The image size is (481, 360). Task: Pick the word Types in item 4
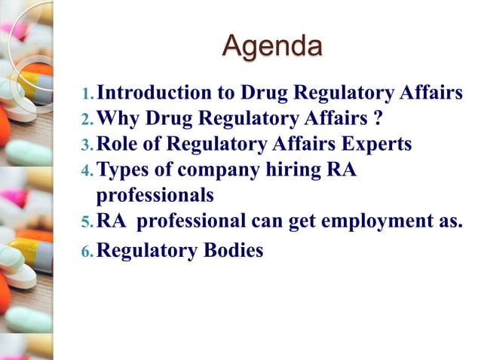click(x=124, y=169)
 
